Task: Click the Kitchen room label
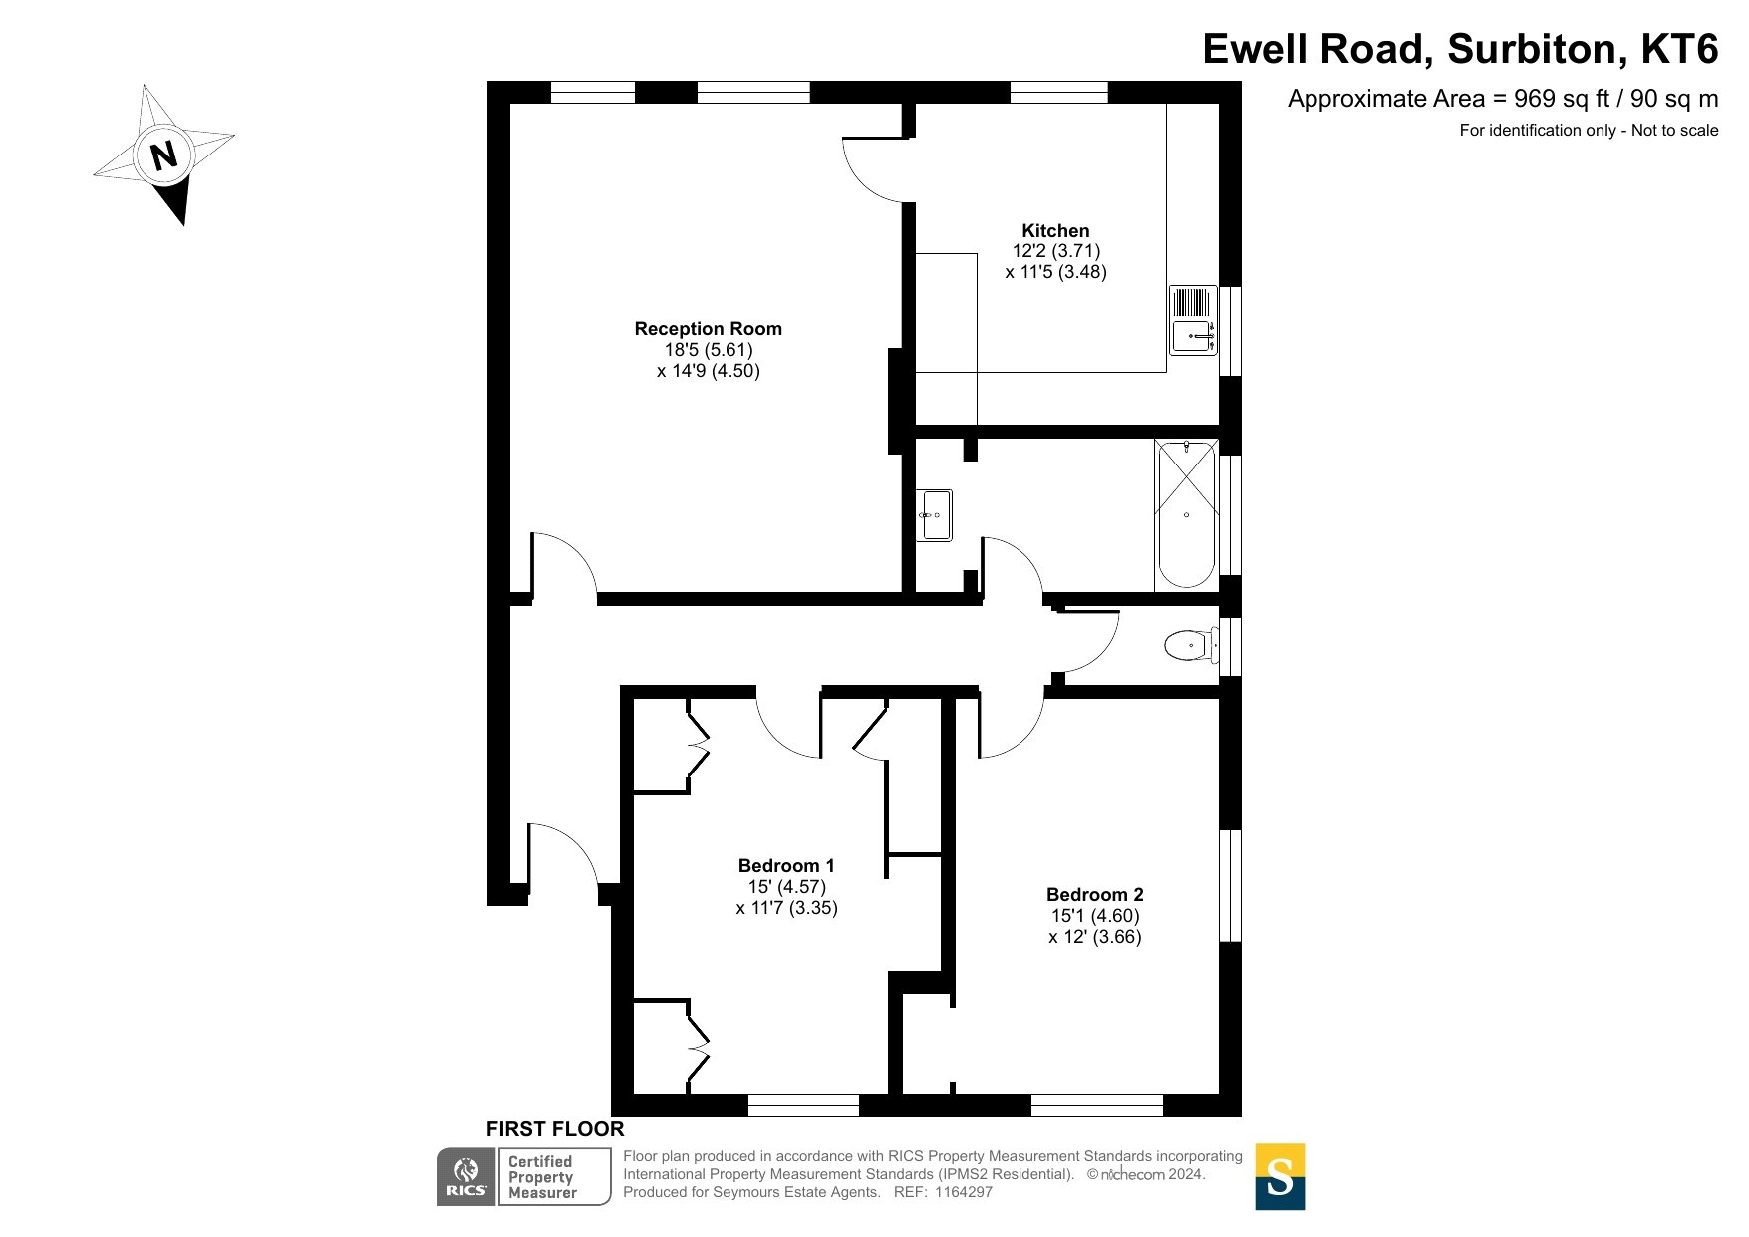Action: pyautogui.click(x=1055, y=230)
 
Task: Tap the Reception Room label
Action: pyautogui.click(x=708, y=329)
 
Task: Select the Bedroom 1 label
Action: pyautogui.click(x=786, y=866)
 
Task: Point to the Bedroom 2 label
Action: pyautogui.click(x=1094, y=895)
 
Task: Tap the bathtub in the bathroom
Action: pyautogui.click(x=1186, y=514)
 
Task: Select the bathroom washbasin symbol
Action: pyautogui.click(x=935, y=515)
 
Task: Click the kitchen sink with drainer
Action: pyautogui.click(x=1193, y=320)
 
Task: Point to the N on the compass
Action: pyautogui.click(x=163, y=155)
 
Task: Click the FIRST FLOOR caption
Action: pyautogui.click(x=555, y=1129)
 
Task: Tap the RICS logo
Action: pyautogui.click(x=466, y=1176)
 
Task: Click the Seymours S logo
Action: pyautogui.click(x=1280, y=1176)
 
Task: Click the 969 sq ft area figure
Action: pyautogui.click(x=1554, y=99)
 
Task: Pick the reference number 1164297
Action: pyautogui.click(x=963, y=1192)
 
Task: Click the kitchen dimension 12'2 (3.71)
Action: pyautogui.click(x=1055, y=251)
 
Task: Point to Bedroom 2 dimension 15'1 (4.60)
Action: pyautogui.click(x=1094, y=916)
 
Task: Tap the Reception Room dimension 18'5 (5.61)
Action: pyautogui.click(x=708, y=350)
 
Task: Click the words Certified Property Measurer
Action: pyautogui.click(x=542, y=1177)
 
